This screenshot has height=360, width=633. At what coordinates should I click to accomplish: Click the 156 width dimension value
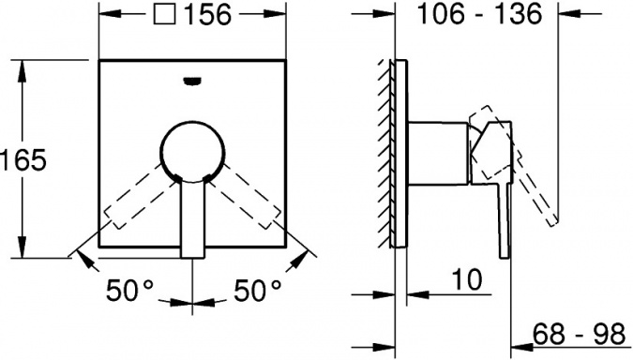tap(208, 15)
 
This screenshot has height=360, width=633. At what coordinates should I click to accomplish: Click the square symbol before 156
tap(165, 14)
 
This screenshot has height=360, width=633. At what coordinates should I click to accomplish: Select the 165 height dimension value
tap(23, 159)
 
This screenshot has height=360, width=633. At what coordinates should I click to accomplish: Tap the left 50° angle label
tap(130, 291)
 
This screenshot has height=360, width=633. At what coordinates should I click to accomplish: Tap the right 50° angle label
tap(257, 291)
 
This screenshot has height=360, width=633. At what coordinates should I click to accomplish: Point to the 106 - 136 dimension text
tap(479, 15)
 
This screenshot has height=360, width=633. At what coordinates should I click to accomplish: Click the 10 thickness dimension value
tap(467, 279)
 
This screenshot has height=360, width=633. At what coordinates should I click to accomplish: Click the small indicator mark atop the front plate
tap(192, 82)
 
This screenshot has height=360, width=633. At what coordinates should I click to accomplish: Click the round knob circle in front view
tap(193, 122)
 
